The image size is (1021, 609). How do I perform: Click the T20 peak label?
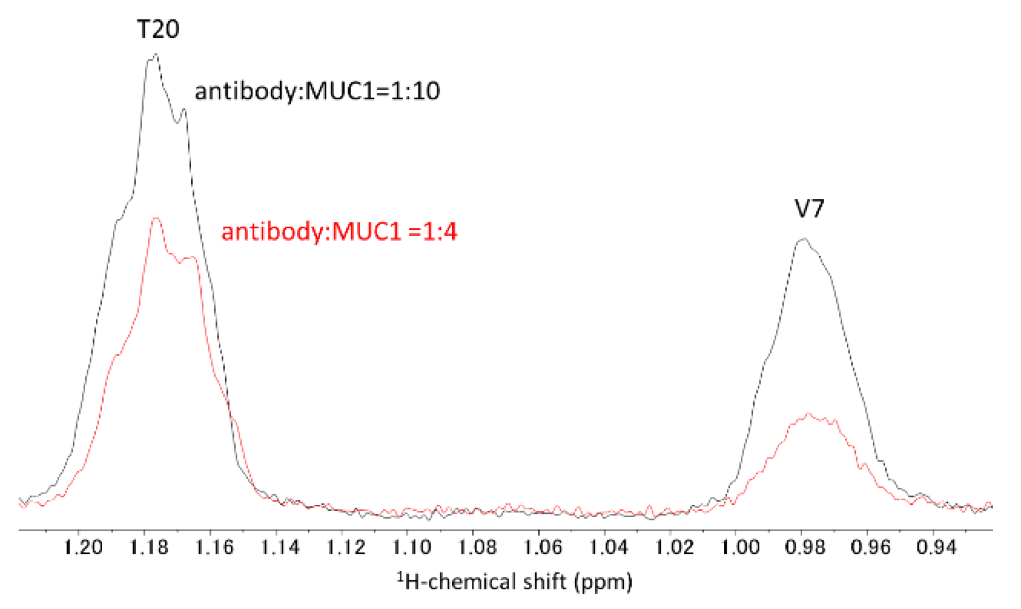[158, 29]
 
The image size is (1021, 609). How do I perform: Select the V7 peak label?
[810, 209]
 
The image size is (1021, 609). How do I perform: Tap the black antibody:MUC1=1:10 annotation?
[317, 91]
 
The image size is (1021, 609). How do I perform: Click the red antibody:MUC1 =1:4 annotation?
[339, 232]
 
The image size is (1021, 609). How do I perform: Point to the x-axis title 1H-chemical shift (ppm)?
[515, 581]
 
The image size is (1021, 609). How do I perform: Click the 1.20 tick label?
[83, 547]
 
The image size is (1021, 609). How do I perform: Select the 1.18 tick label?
[149, 547]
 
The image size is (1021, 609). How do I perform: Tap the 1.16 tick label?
[214, 547]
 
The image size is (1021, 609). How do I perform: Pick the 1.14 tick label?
[280, 547]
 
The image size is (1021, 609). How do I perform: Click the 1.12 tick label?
[346, 547]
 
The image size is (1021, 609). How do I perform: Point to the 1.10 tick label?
[412, 547]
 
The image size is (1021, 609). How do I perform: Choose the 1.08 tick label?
[478, 547]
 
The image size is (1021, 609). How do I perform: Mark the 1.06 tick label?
[543, 547]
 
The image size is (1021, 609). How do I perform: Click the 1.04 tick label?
[609, 547]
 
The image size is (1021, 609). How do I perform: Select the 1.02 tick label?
[674, 547]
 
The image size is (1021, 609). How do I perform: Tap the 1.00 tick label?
[740, 547]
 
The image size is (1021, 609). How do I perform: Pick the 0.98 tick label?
[806, 547]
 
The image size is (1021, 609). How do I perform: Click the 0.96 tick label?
[871, 547]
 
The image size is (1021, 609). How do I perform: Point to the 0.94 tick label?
[936, 547]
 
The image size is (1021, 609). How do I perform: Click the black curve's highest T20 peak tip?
[155, 55]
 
